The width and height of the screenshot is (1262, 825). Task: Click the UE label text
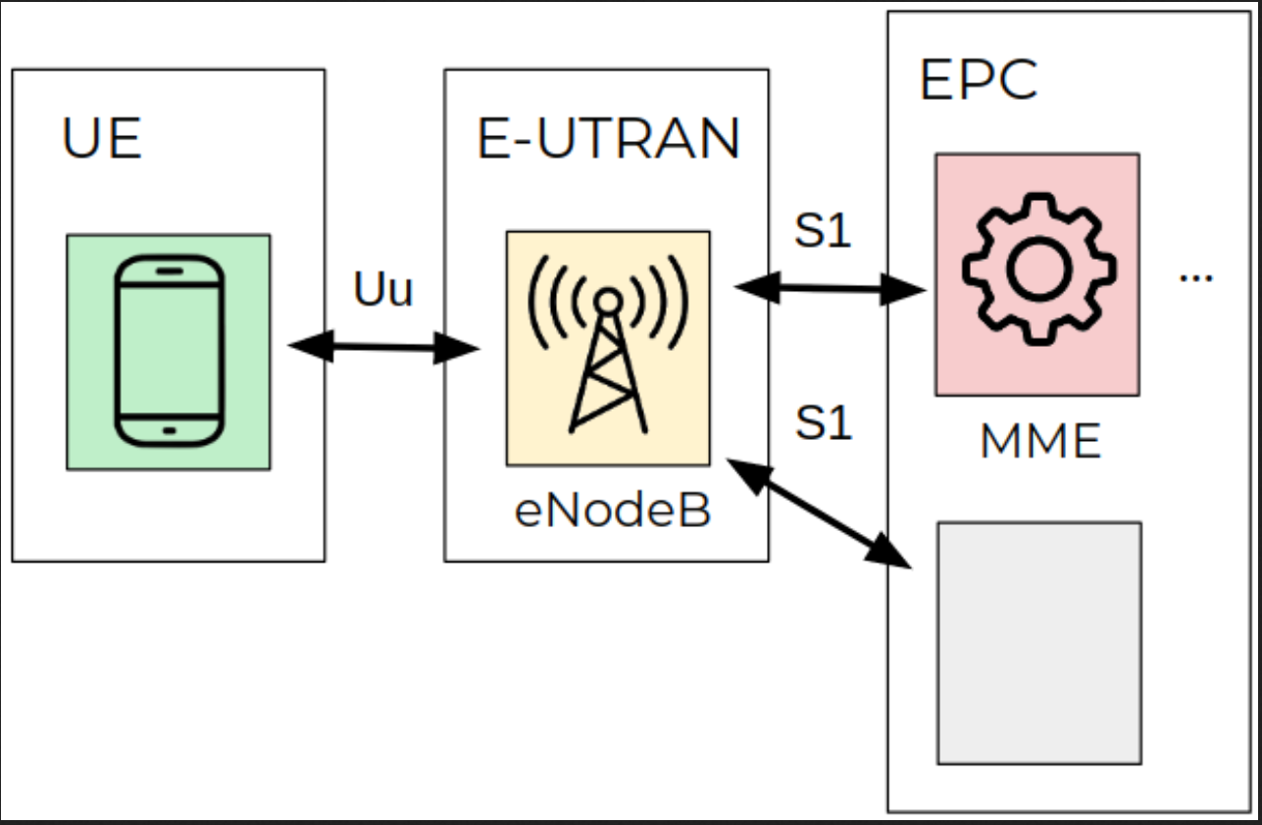(101, 138)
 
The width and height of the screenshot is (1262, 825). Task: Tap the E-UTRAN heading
(608, 138)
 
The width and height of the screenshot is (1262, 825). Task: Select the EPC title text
(978, 80)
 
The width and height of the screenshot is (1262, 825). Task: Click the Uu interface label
(383, 288)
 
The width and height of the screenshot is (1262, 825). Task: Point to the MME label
(1040, 441)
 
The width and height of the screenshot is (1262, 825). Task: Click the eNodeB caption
(613, 510)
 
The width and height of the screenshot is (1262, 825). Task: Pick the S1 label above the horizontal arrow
(823, 230)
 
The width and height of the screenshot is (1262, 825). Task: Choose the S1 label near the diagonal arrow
(823, 422)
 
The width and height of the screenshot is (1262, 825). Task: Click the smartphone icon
(170, 352)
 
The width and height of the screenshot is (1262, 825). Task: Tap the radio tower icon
(609, 344)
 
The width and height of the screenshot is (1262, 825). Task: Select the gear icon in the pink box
(1039, 269)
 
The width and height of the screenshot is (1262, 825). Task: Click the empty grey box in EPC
(1039, 643)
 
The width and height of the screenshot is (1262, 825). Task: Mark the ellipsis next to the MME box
(1195, 277)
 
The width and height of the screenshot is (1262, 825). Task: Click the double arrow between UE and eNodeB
(383, 347)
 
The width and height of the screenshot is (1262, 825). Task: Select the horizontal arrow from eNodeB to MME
(831, 288)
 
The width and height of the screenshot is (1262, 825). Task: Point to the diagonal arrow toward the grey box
(819, 513)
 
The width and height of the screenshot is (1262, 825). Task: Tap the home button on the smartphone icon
(170, 431)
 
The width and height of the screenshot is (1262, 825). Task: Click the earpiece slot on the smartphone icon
(170, 270)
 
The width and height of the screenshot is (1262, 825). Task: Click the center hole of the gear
(1039, 269)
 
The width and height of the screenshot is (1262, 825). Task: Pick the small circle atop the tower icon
(609, 301)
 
